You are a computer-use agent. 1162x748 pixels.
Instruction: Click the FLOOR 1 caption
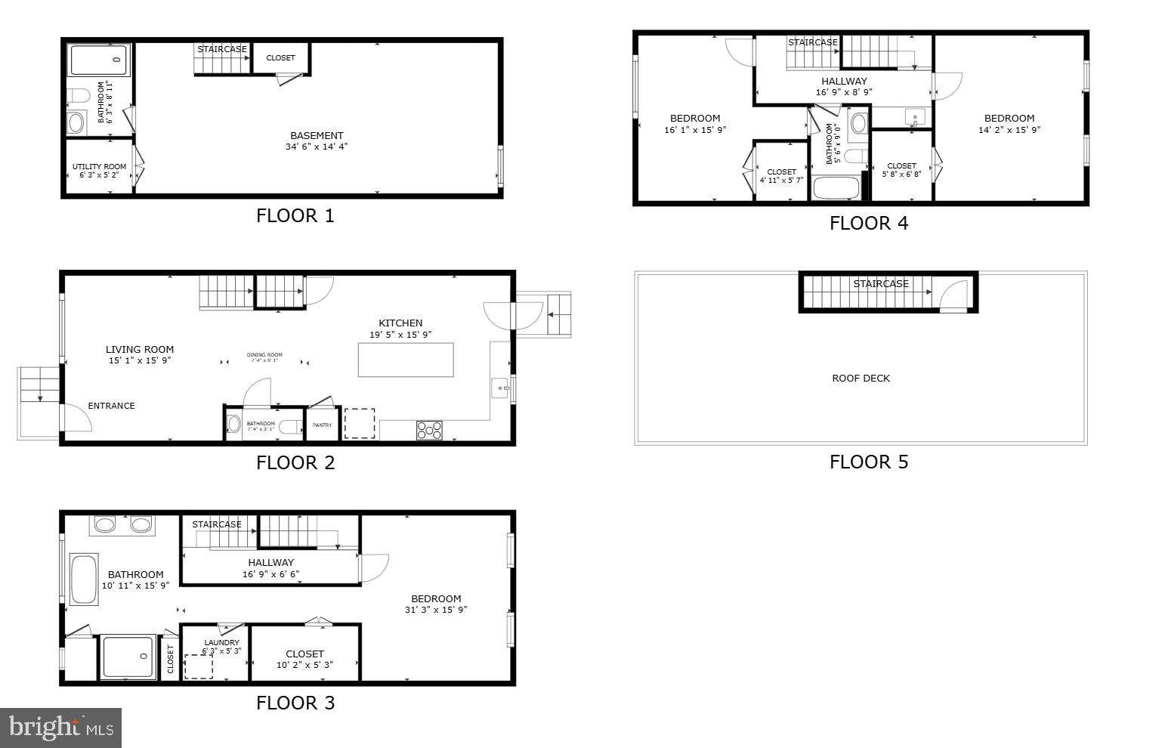coord(295,216)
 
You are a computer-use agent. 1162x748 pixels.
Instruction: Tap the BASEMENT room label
coord(317,136)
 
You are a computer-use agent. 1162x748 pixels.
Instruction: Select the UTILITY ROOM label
coord(99,167)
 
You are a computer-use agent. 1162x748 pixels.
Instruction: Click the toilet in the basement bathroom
coord(78,96)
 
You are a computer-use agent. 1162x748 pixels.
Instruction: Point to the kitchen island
coord(406,360)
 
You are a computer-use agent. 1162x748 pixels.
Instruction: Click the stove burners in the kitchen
coord(429,430)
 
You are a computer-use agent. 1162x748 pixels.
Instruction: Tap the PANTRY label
coord(322,425)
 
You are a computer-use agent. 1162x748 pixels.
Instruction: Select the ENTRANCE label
coord(111,406)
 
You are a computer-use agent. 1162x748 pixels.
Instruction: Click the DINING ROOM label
coord(264,355)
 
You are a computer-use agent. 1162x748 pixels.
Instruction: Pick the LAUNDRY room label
coord(221,643)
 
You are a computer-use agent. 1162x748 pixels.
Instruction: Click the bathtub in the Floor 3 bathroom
coord(83,580)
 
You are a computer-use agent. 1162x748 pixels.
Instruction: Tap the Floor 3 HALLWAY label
coord(270,563)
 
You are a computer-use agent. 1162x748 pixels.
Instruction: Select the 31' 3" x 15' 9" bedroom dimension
coord(436,610)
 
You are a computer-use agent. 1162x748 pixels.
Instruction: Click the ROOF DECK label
coord(861,379)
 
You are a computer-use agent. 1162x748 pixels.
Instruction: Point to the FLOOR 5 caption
coord(868,462)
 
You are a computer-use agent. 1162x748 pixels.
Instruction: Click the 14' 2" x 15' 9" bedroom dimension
coord(1009,130)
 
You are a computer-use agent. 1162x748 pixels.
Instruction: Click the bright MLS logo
coord(60,728)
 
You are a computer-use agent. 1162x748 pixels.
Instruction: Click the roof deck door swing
coord(954,295)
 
